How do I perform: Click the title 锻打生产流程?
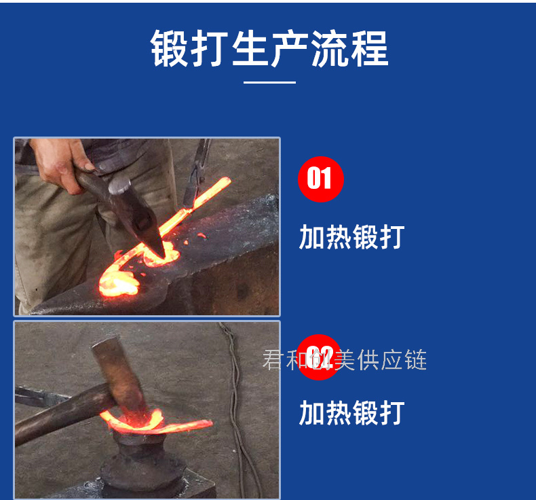click(269, 48)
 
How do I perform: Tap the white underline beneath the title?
click(269, 82)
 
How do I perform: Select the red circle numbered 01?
click(321, 179)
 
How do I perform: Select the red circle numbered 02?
click(319, 357)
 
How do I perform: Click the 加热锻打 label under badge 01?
click(351, 237)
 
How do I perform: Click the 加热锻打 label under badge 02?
click(351, 413)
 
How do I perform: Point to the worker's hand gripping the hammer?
click(62, 164)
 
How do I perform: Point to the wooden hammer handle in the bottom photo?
click(62, 414)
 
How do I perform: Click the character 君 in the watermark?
click(273, 359)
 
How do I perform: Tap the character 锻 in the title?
click(170, 48)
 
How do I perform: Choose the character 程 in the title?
click(370, 48)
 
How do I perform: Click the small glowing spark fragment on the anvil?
click(202, 236)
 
